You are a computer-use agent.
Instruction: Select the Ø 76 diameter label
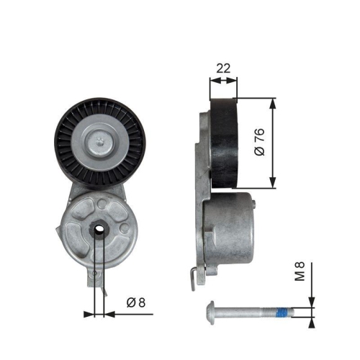(x=261, y=142)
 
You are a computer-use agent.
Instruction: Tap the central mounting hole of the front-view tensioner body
(x=98, y=230)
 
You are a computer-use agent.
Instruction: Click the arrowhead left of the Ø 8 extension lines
(x=89, y=314)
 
